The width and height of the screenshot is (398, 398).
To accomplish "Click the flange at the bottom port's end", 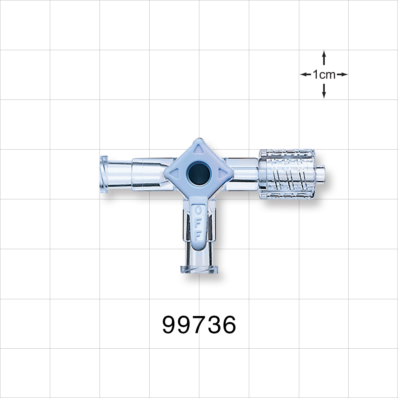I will coord(199,269).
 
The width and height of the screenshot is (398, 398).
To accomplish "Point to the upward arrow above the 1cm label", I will coord(324,58).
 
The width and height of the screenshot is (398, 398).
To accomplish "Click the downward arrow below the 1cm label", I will coord(324,92).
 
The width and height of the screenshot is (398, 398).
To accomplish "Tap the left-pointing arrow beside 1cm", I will coord(305,74).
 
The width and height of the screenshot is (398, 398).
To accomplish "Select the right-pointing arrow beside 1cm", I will coord(342,74).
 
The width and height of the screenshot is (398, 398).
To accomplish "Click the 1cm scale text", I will coord(324,74).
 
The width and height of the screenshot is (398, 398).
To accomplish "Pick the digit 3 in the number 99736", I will coord(214,325).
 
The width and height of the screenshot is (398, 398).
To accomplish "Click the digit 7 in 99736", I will coord(199,325).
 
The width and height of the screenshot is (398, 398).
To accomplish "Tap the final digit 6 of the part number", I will coord(228,325).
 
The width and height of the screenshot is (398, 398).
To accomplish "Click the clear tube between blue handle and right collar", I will coord(243,173).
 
